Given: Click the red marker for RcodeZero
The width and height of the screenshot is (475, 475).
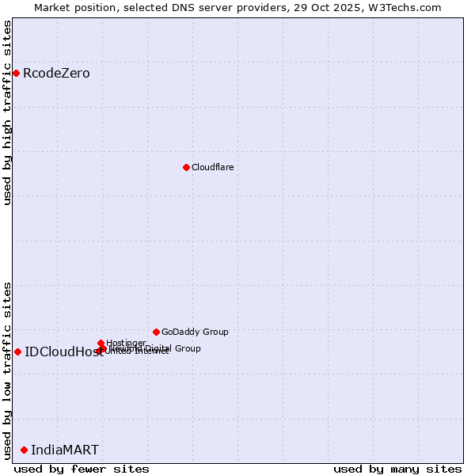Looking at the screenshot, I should pyautogui.click(x=16, y=74).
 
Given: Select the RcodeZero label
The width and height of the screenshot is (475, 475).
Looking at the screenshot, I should pyautogui.click(x=56, y=74).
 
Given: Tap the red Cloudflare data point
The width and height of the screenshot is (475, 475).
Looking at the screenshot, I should pyautogui.click(x=186, y=167).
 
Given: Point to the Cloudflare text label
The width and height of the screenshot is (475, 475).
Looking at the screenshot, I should pyautogui.click(x=212, y=167).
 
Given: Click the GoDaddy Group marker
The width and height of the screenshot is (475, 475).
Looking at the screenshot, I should pyautogui.click(x=156, y=332).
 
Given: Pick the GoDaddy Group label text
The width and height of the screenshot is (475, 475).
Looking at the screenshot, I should pyautogui.click(x=195, y=332).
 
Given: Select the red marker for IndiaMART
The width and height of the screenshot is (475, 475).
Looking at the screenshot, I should pyautogui.click(x=24, y=450).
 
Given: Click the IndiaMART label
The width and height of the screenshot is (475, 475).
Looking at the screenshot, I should pyautogui.click(x=65, y=450).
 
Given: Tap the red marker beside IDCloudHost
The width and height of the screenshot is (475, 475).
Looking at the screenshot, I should pyautogui.click(x=17, y=351).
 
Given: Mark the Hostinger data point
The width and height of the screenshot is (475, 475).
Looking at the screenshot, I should pyautogui.click(x=101, y=344).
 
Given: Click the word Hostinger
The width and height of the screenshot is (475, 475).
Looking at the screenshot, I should pyautogui.click(x=126, y=343).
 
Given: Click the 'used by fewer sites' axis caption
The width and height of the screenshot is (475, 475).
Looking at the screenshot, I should pyautogui.click(x=82, y=469).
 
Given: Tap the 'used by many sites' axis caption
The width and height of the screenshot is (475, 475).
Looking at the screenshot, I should pyautogui.click(x=397, y=469).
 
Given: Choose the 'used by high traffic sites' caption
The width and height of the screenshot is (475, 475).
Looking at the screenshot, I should pyautogui.click(x=7, y=112).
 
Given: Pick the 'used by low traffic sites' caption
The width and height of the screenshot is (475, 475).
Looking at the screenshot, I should pyautogui.click(x=7, y=370).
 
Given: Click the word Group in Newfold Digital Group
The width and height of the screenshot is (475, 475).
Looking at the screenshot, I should pyautogui.click(x=187, y=348).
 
